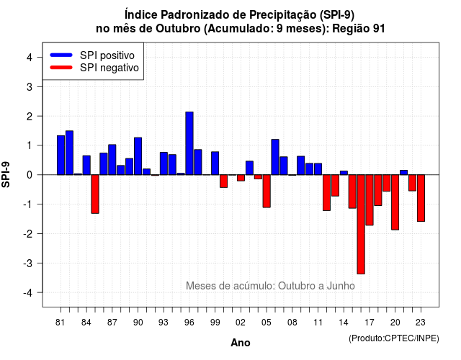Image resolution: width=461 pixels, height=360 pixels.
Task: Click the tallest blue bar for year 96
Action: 189,143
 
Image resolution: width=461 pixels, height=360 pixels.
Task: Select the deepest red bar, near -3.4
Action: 361,224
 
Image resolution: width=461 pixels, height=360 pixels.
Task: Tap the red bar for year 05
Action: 267,191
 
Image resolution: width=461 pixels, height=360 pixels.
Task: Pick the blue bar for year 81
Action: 61,156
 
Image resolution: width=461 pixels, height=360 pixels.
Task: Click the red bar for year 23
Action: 421,198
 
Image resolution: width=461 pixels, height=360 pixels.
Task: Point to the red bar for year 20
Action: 395,202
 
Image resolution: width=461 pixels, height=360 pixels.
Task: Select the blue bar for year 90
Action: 138,156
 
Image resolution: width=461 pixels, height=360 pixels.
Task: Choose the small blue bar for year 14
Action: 344,173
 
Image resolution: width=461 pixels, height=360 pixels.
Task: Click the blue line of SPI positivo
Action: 61,55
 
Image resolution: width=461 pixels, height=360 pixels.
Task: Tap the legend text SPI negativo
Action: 109,68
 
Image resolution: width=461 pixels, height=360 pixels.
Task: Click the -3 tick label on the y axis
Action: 27,264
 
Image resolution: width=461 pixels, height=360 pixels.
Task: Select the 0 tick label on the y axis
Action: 29,175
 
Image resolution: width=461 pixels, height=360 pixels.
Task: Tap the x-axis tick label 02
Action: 240,323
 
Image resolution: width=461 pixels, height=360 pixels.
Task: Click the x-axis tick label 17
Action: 370,323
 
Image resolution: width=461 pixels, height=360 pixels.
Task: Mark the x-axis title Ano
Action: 240,343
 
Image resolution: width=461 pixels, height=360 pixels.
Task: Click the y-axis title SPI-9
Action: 6,174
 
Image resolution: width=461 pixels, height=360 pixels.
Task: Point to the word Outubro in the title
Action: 178,29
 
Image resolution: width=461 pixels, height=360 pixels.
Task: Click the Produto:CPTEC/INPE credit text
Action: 394,338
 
